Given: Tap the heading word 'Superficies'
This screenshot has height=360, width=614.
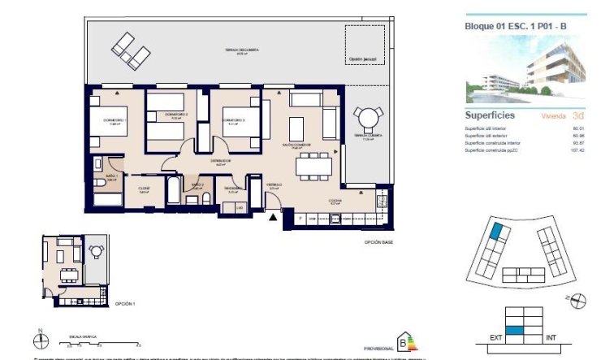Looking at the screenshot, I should pyautogui.click(x=490, y=115).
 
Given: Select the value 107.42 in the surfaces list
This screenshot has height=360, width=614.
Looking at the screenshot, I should pyautogui.click(x=577, y=150).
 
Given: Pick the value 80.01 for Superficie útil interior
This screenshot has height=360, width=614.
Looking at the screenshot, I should pyautogui.click(x=578, y=128).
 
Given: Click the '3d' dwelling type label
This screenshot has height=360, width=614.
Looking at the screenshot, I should pyautogui.click(x=577, y=116).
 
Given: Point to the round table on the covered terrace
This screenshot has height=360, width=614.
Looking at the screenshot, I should pyautogui.click(x=370, y=119).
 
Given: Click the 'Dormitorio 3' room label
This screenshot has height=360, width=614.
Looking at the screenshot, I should pyautogui.click(x=234, y=120).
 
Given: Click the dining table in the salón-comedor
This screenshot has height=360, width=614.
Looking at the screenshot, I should pyautogui.click(x=313, y=167).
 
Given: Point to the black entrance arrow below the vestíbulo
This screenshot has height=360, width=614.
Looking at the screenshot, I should pyautogui.click(x=273, y=215).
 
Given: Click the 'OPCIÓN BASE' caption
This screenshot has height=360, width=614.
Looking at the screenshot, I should pyautogui.click(x=378, y=242).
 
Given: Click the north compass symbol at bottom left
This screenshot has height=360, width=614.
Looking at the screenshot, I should pyautogui.click(x=41, y=338).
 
